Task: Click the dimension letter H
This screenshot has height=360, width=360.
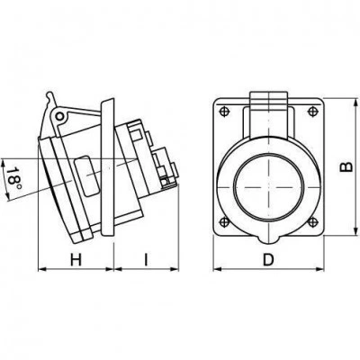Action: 76,259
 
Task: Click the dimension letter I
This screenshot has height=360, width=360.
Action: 146,259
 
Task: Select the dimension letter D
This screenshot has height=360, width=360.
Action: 268,259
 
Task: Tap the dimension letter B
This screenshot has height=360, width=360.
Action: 346,166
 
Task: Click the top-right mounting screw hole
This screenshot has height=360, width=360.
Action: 312,112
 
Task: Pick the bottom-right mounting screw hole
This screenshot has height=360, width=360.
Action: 312,222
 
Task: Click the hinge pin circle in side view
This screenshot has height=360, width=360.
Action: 60,116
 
